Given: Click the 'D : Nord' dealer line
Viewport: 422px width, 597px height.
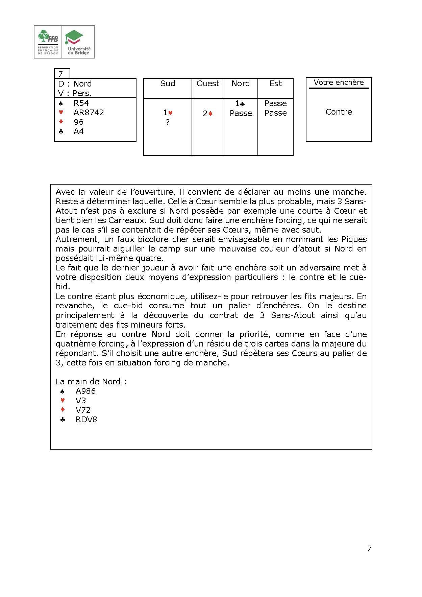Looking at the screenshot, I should [75, 83].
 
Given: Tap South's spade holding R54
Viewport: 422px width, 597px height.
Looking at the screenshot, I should [81, 103].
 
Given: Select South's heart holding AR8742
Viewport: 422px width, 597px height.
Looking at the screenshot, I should [89, 113].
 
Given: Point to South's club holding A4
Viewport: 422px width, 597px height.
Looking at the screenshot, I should [79, 132].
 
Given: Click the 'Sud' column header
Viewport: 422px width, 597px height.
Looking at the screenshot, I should [168, 83].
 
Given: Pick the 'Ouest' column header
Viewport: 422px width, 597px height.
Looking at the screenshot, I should [208, 83].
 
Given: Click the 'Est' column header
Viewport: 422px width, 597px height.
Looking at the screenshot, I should [275, 83].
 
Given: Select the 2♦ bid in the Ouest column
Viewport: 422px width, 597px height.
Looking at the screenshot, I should [207, 114].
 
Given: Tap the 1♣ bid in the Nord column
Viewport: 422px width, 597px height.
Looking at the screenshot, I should [240, 104].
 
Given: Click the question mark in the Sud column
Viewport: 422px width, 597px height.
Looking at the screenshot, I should [168, 123].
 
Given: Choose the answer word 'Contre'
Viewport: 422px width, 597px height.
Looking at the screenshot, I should [339, 112].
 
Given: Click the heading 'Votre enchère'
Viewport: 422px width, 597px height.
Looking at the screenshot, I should [339, 82].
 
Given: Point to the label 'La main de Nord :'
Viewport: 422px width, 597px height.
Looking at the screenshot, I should [91, 382].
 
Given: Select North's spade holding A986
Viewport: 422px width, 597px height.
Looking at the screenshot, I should [85, 391].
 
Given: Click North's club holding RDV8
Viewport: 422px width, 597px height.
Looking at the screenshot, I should [86, 420].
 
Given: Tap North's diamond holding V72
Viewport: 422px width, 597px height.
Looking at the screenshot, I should [83, 410].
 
